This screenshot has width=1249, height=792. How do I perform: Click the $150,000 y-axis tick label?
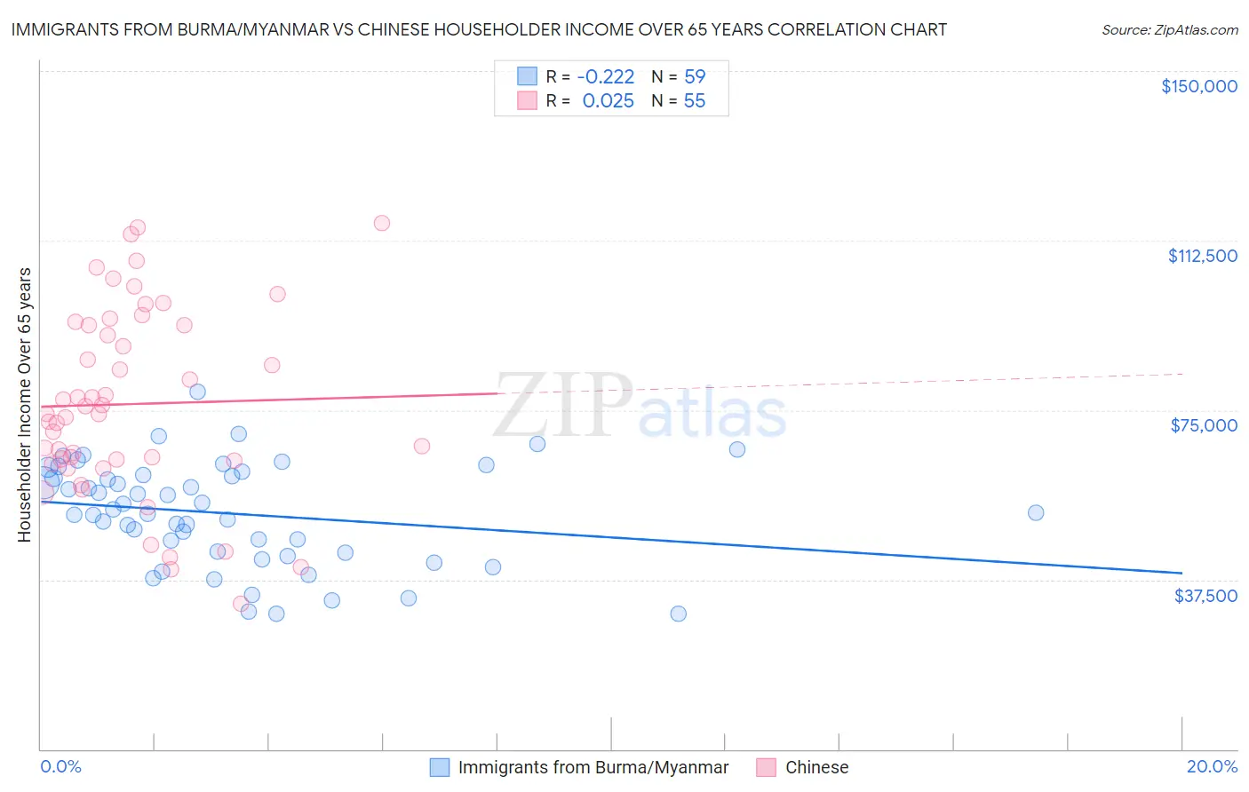(x=1198, y=86)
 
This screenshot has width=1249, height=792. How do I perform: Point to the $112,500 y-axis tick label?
(x=1202, y=256)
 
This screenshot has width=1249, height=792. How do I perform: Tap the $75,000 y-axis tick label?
(x=1204, y=425)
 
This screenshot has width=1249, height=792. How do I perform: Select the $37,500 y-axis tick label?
(x=1205, y=596)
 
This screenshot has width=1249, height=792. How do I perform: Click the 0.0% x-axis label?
(x=60, y=767)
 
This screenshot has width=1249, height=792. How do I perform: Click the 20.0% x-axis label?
(x=1212, y=767)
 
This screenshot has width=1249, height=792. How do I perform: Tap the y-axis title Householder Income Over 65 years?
(x=25, y=404)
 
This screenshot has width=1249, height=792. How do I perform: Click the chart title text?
(x=479, y=29)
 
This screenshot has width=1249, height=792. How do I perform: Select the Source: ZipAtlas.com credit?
(x=1169, y=30)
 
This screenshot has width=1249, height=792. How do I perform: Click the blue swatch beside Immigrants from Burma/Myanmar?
(x=440, y=767)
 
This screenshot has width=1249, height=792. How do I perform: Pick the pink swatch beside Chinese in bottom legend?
(x=767, y=767)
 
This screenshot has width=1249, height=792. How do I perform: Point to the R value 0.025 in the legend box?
(x=608, y=101)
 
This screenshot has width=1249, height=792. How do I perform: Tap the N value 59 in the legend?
(x=695, y=76)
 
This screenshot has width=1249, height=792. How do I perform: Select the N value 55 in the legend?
(x=695, y=101)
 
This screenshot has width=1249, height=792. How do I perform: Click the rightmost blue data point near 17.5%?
(x=1036, y=512)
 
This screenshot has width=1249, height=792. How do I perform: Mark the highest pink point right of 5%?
(x=382, y=223)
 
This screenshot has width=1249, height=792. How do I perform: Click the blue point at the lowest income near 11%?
(x=679, y=614)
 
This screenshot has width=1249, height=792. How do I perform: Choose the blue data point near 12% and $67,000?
(x=737, y=449)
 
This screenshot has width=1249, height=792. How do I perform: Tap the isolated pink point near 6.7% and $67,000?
(x=422, y=446)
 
